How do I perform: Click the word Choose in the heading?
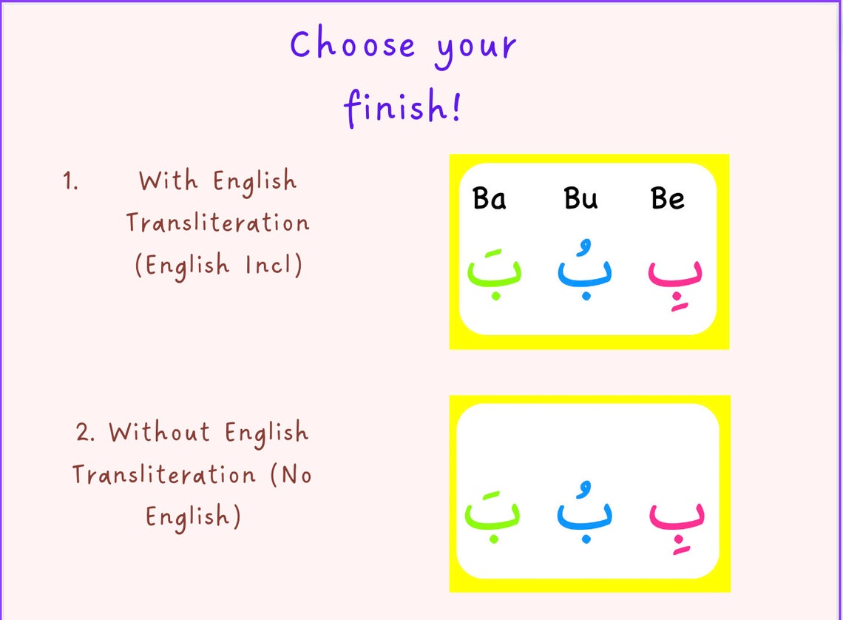[x=353, y=45]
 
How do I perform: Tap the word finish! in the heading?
[x=402, y=107]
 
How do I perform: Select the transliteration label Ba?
[x=489, y=199]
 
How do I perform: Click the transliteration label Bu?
[x=580, y=199]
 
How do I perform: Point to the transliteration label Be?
[x=667, y=199]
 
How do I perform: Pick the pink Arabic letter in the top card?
[x=674, y=275]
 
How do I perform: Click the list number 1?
[x=70, y=182]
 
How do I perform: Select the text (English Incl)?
[x=219, y=265]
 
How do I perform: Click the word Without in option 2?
[x=159, y=432]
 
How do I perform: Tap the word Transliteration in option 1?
[x=217, y=223]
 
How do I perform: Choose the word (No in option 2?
[x=291, y=474]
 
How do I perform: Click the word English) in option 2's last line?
[x=193, y=516]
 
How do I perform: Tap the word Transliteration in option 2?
[x=163, y=474]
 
